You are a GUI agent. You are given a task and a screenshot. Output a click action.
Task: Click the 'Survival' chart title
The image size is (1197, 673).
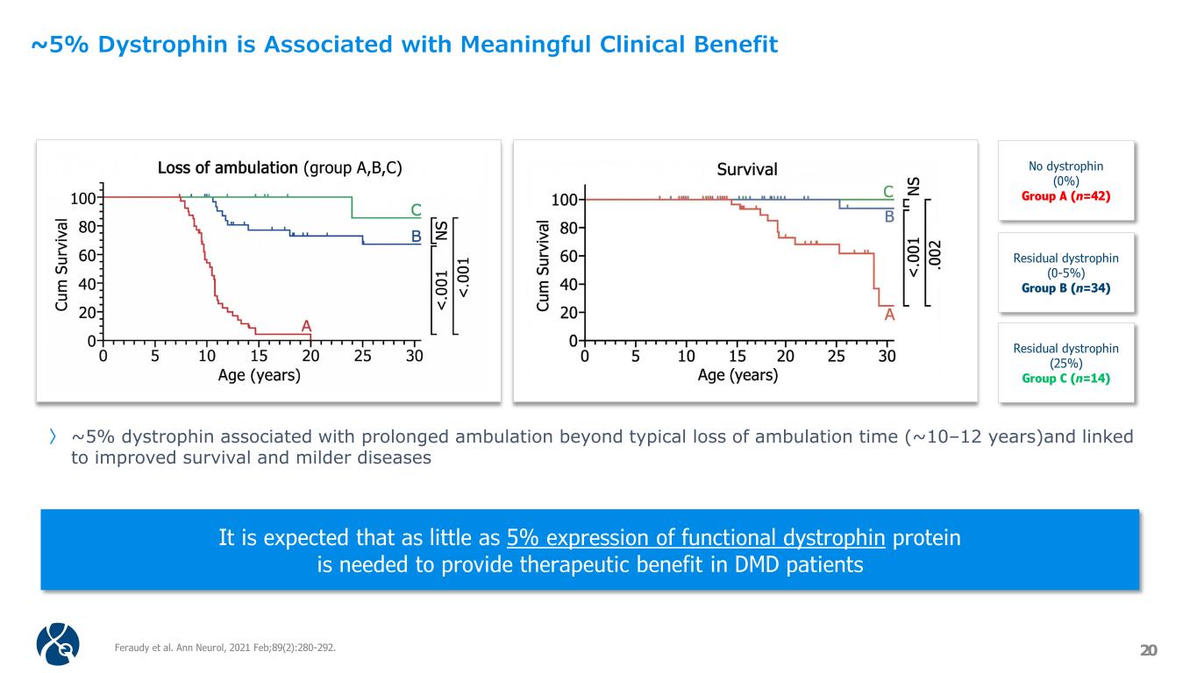tap(746, 169)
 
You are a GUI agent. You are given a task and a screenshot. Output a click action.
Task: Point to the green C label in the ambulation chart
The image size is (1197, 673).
tap(417, 210)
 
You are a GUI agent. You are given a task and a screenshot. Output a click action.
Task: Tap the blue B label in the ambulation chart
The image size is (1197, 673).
tap(417, 237)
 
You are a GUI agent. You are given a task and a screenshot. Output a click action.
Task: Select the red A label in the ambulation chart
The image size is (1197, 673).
tap(306, 326)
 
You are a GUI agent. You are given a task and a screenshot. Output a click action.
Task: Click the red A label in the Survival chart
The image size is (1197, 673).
tap(889, 315)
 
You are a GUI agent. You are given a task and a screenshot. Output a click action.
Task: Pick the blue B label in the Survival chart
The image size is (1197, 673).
tap(888, 216)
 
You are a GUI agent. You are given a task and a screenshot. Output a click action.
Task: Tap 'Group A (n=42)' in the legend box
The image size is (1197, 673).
tap(1065, 195)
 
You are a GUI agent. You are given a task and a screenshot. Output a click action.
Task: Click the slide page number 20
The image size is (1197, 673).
tap(1148, 649)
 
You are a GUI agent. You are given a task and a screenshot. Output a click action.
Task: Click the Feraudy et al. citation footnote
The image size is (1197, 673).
tap(225, 648)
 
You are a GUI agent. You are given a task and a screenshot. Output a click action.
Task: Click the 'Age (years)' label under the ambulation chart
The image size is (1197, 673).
tap(259, 376)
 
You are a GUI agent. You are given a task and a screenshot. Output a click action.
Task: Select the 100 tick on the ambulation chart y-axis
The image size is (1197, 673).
tap(85, 199)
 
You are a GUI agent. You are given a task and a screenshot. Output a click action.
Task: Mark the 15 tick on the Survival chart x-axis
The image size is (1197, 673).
tap(737, 357)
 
